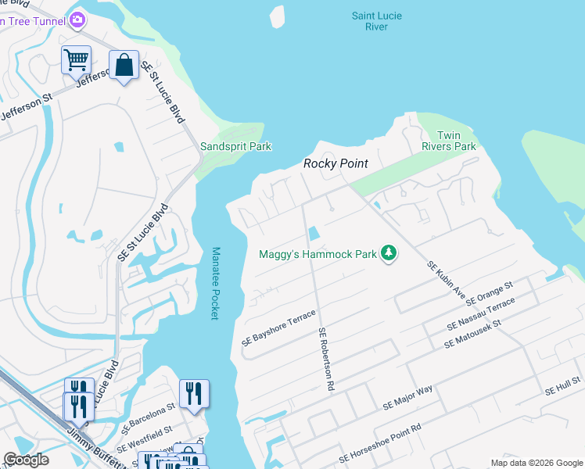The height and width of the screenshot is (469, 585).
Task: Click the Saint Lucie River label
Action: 375,20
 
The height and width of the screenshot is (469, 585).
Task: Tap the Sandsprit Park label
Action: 235,146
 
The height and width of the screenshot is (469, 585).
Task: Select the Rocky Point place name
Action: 336,164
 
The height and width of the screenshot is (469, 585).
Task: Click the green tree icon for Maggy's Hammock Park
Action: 389,252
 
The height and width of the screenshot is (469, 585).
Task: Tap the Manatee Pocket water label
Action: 216,283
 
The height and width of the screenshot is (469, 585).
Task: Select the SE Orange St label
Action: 488,294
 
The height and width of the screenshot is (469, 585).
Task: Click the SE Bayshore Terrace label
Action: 278,328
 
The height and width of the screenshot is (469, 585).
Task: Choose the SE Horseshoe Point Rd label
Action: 380,443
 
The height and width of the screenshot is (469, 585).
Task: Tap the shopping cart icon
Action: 76,59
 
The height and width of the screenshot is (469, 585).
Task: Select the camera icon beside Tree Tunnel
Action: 77,20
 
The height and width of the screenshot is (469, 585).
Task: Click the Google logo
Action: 27,460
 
